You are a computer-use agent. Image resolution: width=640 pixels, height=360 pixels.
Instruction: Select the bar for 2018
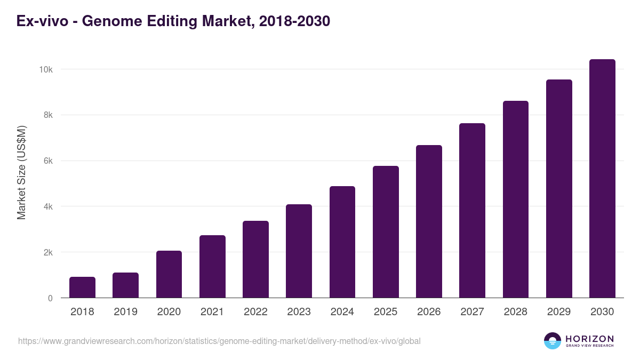pos(82,287)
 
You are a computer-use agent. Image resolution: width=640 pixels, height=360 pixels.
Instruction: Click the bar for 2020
pos(169,274)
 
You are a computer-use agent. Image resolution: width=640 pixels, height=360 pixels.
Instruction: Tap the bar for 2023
pos(299,251)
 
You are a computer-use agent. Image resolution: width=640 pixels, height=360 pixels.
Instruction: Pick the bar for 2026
pos(429,221)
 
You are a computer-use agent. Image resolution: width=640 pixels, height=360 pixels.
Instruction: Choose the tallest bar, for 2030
pos(602,179)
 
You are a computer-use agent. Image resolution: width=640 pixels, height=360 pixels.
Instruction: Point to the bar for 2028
pos(516,199)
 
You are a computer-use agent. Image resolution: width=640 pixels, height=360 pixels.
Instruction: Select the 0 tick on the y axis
pos(50,298)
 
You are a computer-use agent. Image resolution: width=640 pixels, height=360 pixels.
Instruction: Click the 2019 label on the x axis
pos(125,312)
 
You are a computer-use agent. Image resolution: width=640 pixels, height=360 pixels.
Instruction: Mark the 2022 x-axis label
pos(255,312)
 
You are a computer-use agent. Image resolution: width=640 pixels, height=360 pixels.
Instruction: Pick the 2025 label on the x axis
pos(386,312)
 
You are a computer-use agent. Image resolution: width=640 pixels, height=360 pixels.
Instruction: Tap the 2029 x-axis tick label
pos(559,312)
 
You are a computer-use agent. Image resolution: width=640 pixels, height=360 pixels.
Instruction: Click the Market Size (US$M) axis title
pos(22,172)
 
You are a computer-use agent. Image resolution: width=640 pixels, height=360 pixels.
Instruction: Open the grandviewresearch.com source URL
pos(219,341)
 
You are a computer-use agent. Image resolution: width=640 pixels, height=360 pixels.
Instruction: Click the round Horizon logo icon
pos(553,341)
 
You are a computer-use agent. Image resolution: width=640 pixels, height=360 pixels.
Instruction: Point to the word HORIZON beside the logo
pos(590,339)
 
